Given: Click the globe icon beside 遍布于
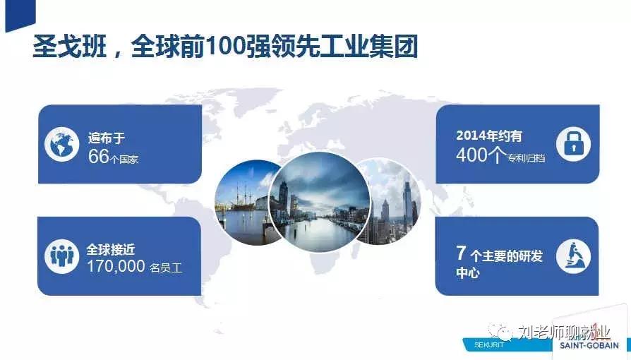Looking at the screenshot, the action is [61, 144].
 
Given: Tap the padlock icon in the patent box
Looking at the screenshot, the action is [573, 144].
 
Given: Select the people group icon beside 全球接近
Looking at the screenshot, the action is [61, 256].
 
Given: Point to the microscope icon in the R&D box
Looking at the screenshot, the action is [573, 256].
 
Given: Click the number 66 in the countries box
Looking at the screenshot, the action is [99, 156].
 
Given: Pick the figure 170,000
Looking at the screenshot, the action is [116, 267].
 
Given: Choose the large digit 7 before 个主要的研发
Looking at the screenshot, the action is [461, 253].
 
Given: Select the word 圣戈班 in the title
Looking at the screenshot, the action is [70, 47].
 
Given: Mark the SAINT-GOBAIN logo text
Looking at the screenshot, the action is [589, 345].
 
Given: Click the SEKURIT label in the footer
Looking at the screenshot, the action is [489, 345].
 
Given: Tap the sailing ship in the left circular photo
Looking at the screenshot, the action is [243, 198].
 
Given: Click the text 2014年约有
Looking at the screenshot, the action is [489, 136].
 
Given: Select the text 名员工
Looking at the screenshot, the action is [166, 268].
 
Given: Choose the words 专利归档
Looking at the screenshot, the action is [526, 158].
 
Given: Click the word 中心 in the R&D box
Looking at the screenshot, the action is [468, 272].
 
